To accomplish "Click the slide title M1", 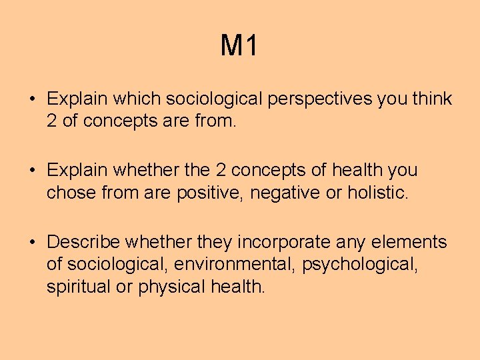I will click(x=239, y=46).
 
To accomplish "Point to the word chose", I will click(x=69, y=194).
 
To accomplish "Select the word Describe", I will click(x=83, y=241).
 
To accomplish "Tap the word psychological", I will click(x=360, y=265).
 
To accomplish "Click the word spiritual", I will click(x=75, y=287).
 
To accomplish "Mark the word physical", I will click(x=173, y=287).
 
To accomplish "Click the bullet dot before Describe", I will click(x=32, y=242).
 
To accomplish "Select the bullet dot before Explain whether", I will click(x=32, y=171).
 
